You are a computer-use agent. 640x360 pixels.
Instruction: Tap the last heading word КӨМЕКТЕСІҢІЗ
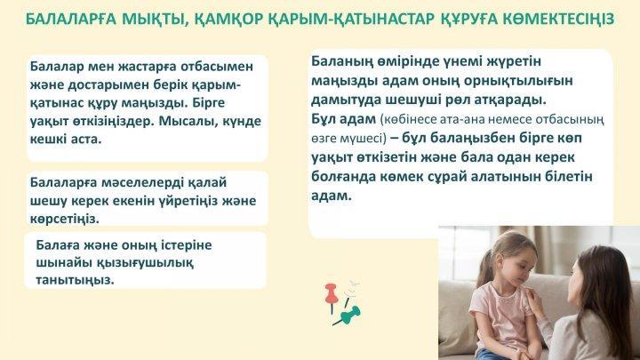click(557, 19)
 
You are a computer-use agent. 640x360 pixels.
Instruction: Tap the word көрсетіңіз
click(64, 219)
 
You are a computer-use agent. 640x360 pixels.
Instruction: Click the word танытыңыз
click(75, 280)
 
